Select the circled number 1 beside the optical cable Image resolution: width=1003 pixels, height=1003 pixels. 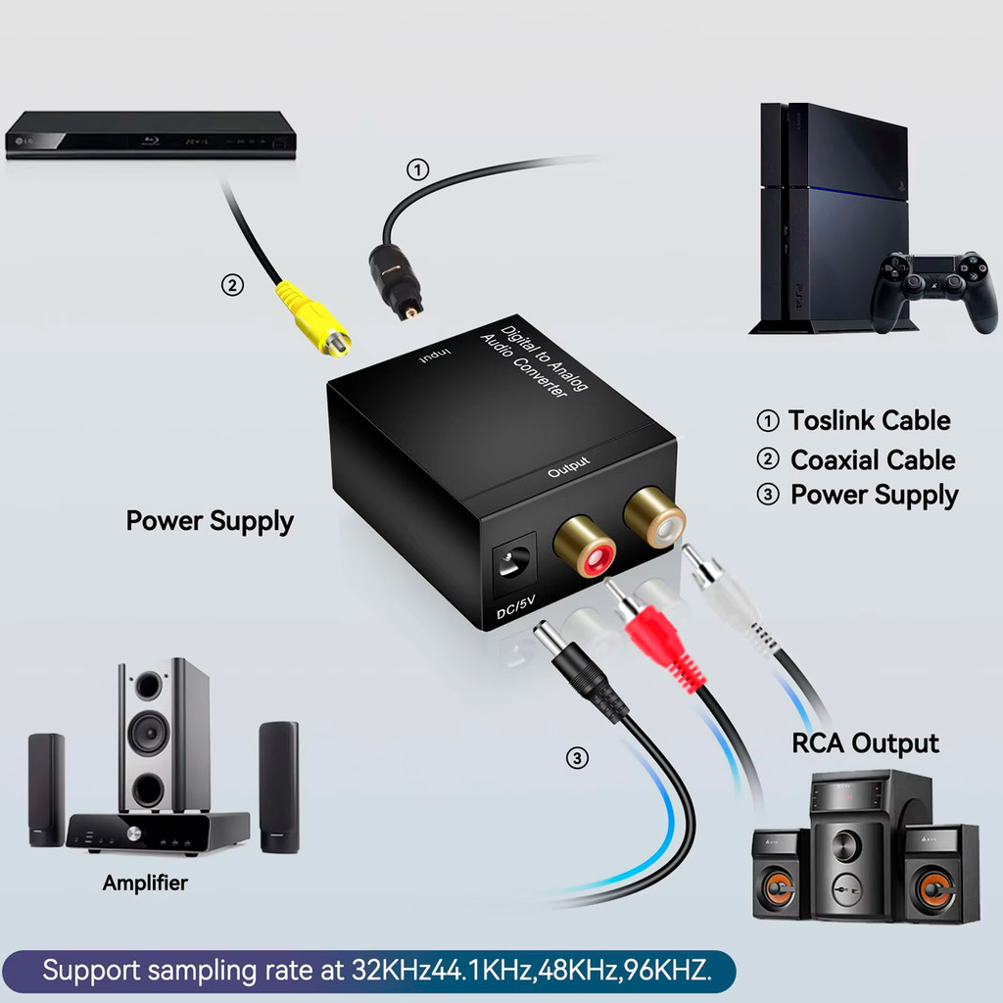tap(417, 169)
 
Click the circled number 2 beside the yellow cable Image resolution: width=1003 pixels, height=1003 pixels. tap(231, 285)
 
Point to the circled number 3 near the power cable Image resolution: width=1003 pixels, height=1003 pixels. tap(578, 757)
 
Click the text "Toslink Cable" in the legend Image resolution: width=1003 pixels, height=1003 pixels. tap(869, 421)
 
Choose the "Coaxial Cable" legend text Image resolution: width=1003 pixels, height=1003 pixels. tap(872, 459)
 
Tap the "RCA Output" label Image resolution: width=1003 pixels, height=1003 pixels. tap(865, 743)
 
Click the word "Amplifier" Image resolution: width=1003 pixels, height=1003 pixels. tap(145, 883)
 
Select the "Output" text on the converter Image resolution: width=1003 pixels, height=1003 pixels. tap(569, 466)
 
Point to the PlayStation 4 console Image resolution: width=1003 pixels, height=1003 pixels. tap(833, 215)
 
